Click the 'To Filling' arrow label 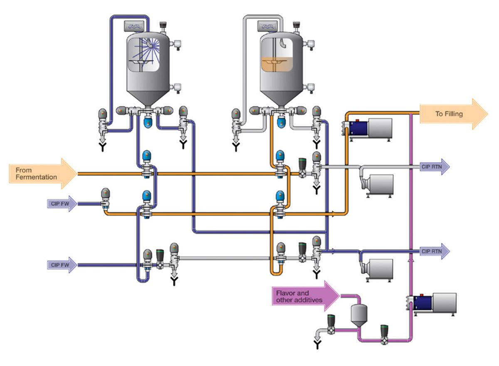(449, 114)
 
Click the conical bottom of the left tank (148, 97)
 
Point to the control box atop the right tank (267, 27)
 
